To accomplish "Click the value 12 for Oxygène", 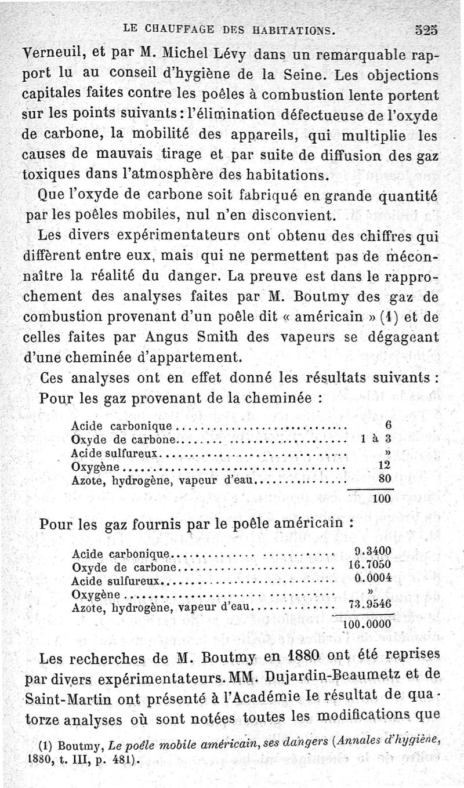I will click(x=385, y=466).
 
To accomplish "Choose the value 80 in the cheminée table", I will click(x=385, y=480).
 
